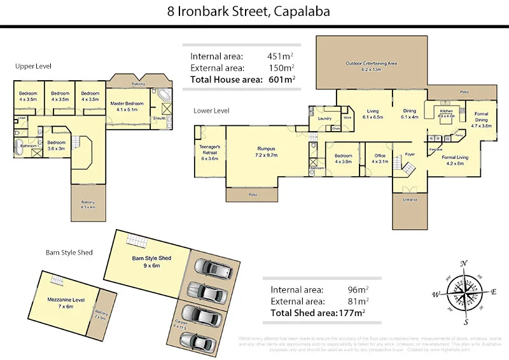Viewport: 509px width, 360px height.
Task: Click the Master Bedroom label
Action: click(125, 106)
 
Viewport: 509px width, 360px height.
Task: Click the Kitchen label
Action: click(447, 113)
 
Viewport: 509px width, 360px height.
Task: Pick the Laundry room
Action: click(325, 118)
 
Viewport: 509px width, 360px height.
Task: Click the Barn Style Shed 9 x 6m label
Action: click(151, 261)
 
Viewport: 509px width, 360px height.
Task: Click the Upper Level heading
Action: click(34, 66)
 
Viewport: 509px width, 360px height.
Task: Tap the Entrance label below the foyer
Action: click(410, 200)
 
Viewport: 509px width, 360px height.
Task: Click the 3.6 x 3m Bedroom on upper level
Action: click(56, 145)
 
